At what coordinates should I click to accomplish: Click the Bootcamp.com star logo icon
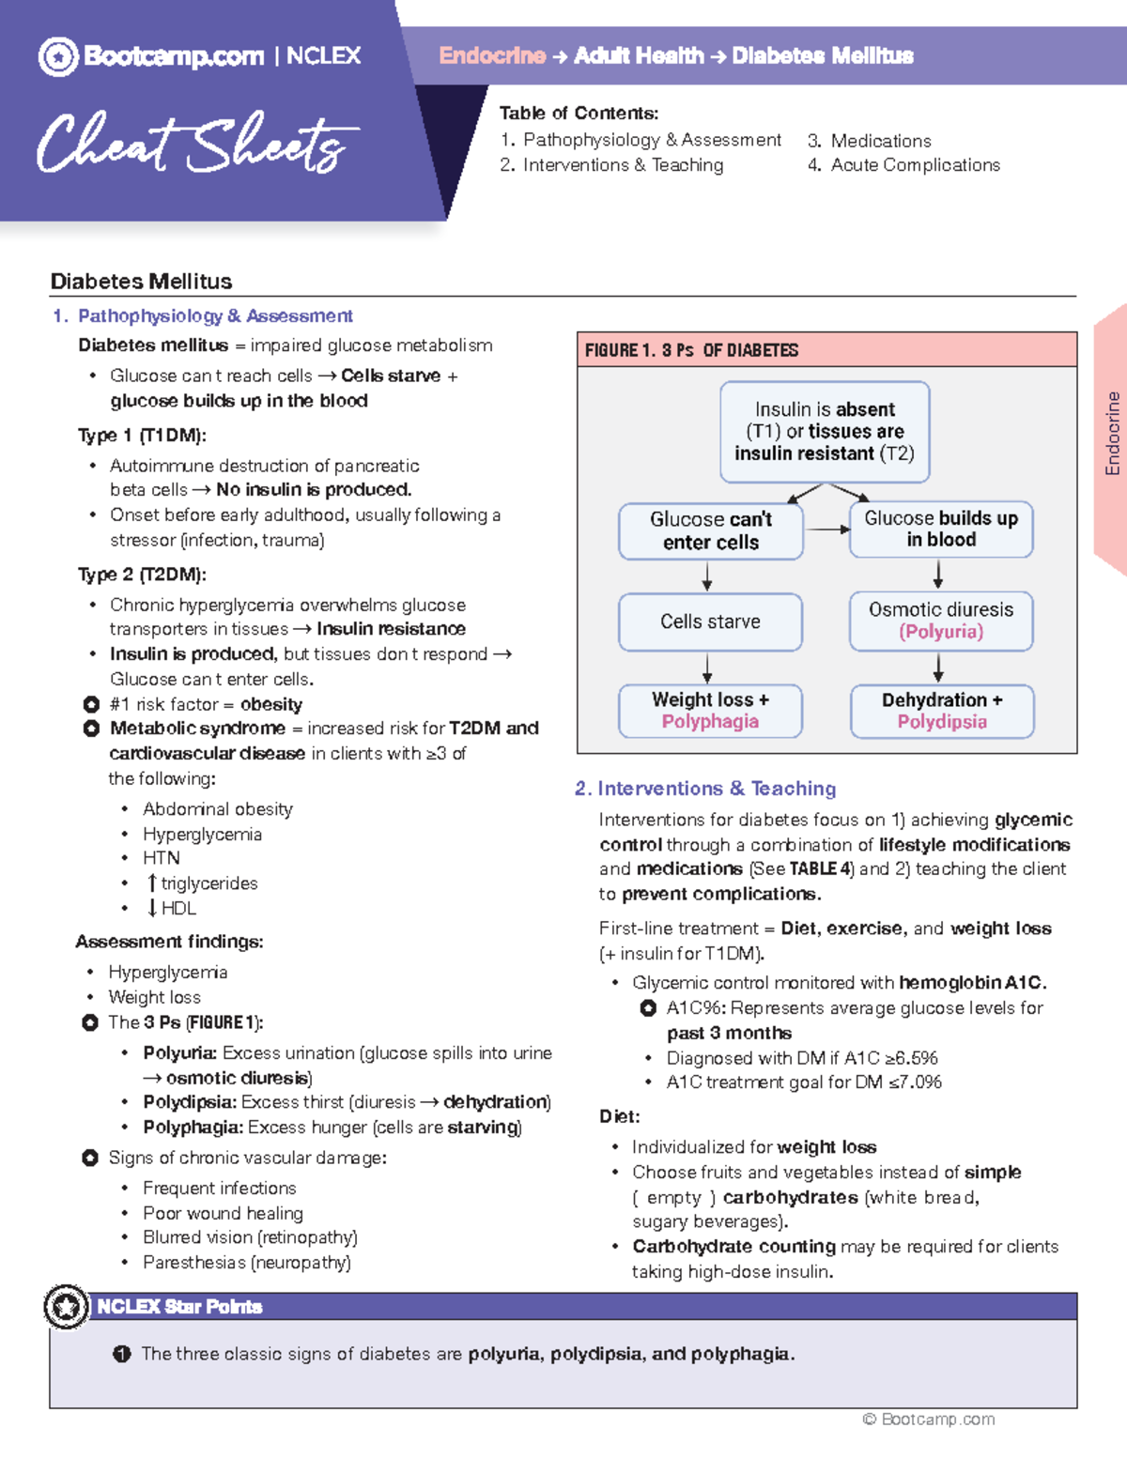click(x=58, y=57)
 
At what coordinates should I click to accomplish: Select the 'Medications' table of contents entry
click(x=880, y=141)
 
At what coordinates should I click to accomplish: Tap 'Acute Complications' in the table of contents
click(x=915, y=165)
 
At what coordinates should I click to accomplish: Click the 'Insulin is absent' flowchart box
click(x=825, y=432)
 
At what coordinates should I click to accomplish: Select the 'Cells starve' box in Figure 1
click(x=710, y=622)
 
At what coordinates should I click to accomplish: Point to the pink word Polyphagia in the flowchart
click(x=710, y=722)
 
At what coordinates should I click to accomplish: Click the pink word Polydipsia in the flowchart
click(x=942, y=722)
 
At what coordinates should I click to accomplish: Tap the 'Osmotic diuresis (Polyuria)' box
click(x=941, y=621)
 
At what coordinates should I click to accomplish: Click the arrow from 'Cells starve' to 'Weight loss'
click(x=707, y=668)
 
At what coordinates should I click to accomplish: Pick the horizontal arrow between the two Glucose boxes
click(x=827, y=529)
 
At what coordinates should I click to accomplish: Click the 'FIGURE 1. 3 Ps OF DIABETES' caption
click(x=691, y=350)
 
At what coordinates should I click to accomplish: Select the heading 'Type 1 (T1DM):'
click(x=142, y=436)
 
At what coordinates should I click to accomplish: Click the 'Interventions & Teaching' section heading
click(x=716, y=789)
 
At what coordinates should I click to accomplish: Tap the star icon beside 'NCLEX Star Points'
click(x=67, y=1306)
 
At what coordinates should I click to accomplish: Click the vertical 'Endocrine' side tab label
click(x=1113, y=433)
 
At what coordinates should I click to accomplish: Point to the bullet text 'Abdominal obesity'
click(x=218, y=809)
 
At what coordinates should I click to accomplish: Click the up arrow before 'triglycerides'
click(x=151, y=883)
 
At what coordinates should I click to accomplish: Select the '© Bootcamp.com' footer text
click(x=929, y=1420)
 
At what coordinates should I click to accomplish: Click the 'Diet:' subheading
click(x=620, y=1116)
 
